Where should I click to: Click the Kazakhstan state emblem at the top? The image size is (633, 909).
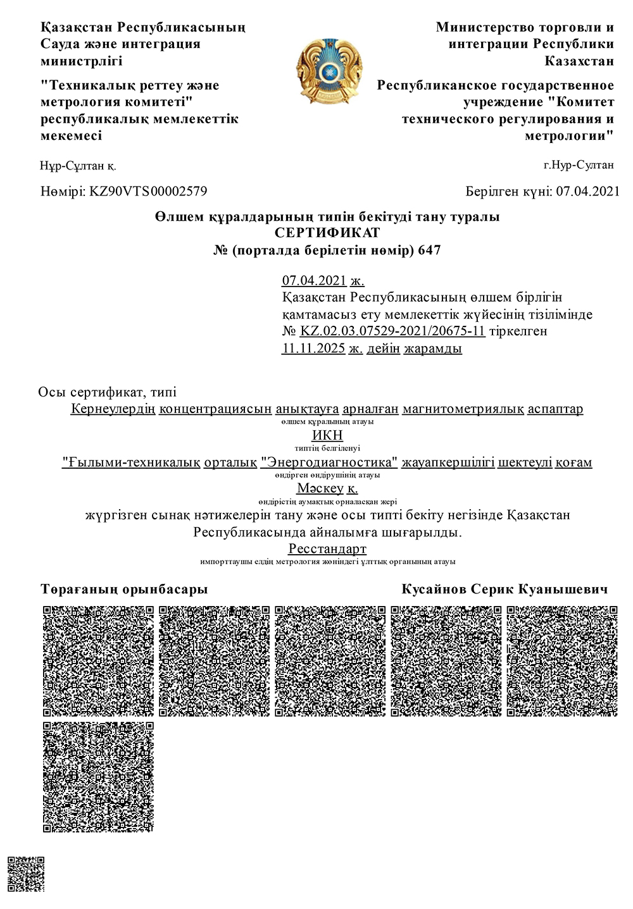point(329,71)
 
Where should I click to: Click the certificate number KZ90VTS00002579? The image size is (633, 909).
point(148,191)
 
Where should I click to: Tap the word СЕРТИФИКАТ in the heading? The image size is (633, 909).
point(327,233)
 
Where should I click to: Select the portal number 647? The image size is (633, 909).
point(429,250)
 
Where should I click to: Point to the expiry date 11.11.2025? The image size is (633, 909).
point(313,348)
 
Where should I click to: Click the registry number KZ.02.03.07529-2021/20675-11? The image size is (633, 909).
point(392,331)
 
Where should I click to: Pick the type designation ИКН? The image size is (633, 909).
point(327,435)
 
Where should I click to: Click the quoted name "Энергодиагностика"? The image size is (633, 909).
point(329,462)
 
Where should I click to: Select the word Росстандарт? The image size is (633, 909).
point(327,548)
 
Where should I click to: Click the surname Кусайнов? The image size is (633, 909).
point(433,590)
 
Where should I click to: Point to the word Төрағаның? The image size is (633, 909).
point(77,590)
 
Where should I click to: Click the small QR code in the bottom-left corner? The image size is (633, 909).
point(26,874)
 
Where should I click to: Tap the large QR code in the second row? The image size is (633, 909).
point(99,776)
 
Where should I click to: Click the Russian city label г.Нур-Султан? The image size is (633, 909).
point(579,166)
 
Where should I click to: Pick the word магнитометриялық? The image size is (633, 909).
point(462,409)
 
